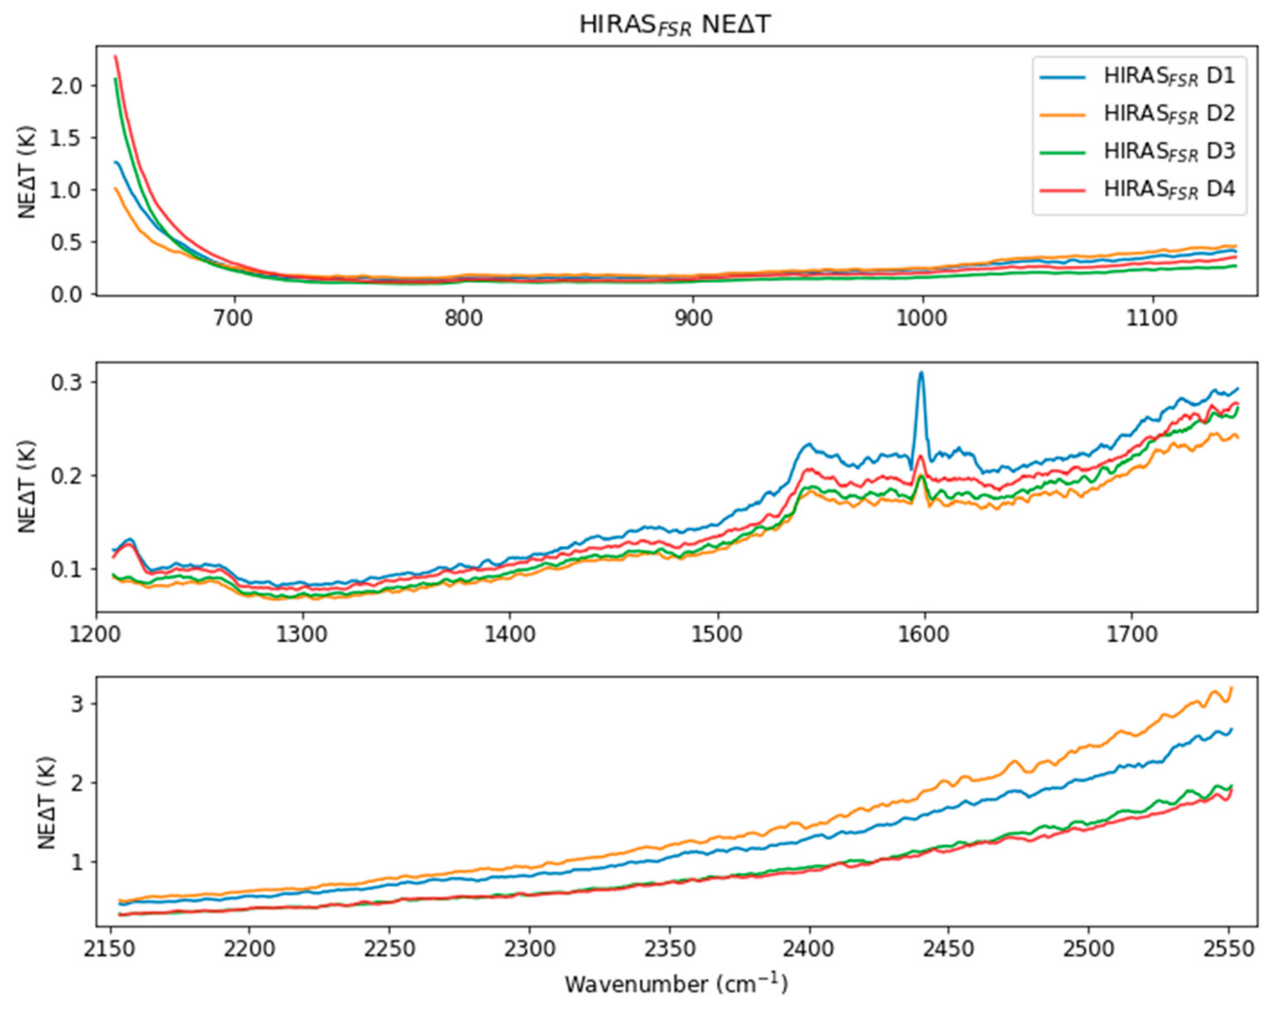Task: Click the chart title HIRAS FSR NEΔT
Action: coord(675,25)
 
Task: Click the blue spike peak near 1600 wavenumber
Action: coord(921,372)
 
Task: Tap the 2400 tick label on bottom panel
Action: coord(809,950)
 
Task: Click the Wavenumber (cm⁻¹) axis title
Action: coord(676,985)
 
